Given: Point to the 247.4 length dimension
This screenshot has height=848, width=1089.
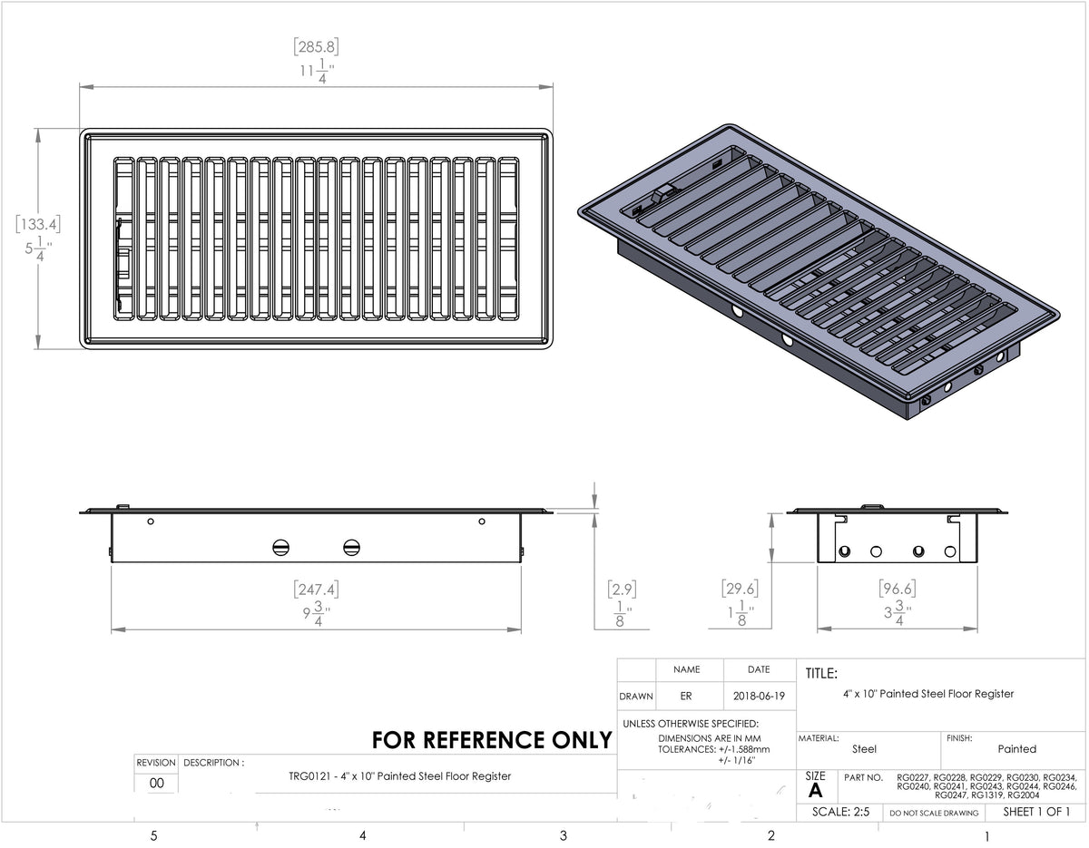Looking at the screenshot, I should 317,590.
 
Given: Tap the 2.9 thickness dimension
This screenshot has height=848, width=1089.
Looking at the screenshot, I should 622,590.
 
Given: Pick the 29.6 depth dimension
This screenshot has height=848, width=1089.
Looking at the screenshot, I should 739,590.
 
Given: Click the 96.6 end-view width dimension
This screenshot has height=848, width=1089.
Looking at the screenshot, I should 898,590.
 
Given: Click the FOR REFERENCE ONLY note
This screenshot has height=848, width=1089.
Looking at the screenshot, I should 492,740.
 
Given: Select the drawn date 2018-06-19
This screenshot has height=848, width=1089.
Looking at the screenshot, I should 759,697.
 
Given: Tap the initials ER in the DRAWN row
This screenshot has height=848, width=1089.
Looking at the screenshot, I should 686,697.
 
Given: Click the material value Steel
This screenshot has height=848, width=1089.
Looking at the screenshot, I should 864,749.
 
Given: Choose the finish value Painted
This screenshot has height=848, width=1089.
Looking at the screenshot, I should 1016,749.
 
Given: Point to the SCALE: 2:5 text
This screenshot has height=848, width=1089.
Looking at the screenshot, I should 840,813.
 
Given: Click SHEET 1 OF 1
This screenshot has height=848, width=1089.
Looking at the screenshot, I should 1036,812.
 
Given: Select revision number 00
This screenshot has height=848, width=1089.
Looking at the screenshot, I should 157,784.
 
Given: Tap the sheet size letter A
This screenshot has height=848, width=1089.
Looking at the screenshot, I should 815,790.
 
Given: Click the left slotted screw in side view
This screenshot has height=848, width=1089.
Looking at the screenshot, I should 280,547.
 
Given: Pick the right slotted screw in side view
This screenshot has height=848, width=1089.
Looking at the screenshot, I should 352,547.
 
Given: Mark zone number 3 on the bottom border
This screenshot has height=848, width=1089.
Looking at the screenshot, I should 563,835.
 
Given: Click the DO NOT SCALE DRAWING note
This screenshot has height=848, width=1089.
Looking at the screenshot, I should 935,814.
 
